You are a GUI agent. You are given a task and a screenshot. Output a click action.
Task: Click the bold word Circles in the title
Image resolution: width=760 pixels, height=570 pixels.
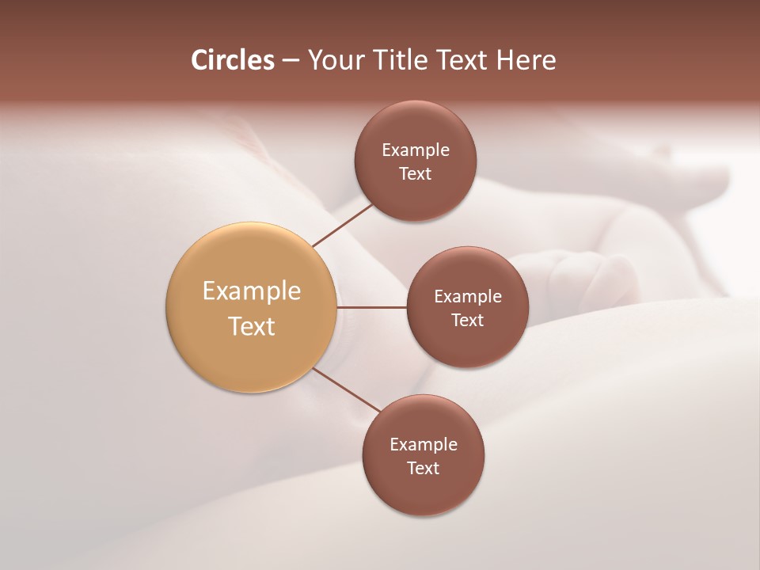(233, 60)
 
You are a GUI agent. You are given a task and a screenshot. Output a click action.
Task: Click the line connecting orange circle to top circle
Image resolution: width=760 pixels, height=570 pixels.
(343, 224)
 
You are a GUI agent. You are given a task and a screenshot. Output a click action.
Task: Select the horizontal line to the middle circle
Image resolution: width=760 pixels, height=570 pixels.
(371, 307)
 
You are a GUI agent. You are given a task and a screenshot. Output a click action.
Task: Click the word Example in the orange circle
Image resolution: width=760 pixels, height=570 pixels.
(251, 291)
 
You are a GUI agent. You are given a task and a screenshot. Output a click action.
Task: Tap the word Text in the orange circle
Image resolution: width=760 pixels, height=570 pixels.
(251, 326)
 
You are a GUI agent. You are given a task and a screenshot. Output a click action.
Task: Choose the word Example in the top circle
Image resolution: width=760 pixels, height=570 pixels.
(415, 150)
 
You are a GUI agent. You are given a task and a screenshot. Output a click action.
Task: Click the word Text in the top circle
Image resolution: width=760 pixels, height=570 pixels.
(415, 174)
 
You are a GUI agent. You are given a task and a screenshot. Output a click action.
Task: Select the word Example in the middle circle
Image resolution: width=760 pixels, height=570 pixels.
(467, 297)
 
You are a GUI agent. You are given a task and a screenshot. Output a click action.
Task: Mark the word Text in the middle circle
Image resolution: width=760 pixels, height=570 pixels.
(467, 320)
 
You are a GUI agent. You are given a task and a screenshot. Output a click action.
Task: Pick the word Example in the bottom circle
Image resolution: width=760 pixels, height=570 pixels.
(423, 445)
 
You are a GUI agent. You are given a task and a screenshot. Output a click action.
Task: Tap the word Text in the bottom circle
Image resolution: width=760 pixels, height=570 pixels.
(423, 468)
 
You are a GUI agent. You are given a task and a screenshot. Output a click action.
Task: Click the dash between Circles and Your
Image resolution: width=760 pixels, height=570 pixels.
(291, 61)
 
